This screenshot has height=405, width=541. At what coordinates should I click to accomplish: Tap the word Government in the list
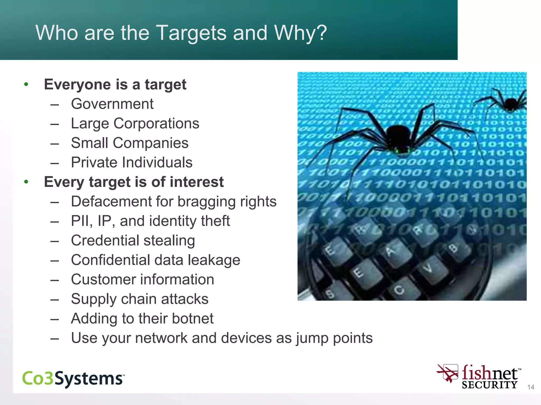112,104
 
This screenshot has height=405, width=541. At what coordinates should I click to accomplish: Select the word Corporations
156,123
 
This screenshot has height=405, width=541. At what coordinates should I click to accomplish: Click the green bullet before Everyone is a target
26,84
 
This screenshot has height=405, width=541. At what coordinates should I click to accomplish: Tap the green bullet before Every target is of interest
26,182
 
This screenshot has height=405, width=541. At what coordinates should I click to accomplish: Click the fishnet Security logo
479,377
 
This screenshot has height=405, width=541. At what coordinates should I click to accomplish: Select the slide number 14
531,387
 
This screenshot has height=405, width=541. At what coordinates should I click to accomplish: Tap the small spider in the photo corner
510,103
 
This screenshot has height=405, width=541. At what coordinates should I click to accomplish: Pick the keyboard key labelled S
330,293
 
